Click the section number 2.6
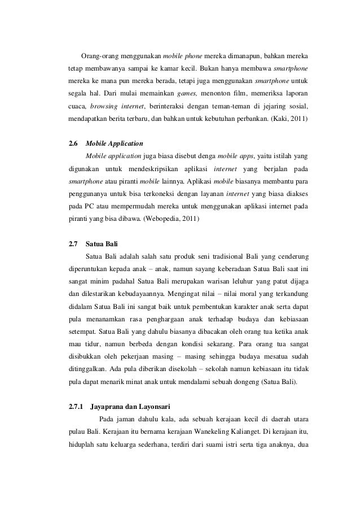click(x=73, y=144)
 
